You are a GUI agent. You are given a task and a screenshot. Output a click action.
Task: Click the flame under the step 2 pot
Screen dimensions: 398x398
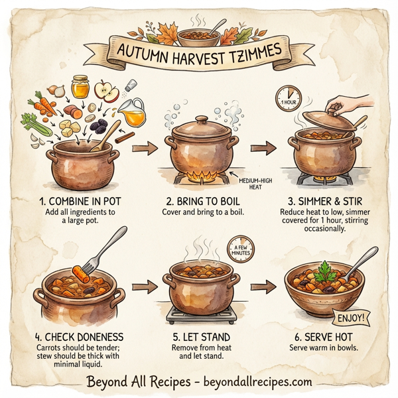click(x=198, y=176)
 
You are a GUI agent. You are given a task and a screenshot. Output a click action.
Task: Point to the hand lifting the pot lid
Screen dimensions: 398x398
click(x=344, y=105)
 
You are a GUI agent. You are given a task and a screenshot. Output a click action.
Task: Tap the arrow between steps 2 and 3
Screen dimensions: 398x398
click(x=263, y=148)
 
